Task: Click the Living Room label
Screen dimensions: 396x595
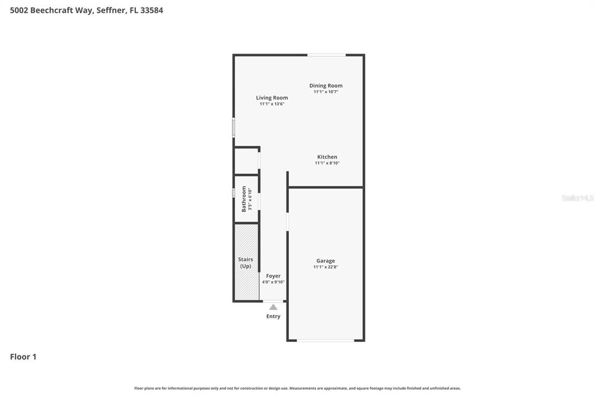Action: [272, 98]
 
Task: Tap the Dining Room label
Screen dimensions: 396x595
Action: [326, 85]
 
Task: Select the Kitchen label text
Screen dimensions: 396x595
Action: [327, 157]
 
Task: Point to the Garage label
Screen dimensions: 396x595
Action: [325, 261]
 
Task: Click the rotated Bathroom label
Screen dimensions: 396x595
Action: [244, 199]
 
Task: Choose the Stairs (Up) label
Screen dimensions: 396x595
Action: [246, 262]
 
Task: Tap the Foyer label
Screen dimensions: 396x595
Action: [273, 276]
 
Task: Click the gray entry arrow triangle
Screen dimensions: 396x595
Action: [273, 307]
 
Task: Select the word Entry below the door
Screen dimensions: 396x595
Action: [273, 316]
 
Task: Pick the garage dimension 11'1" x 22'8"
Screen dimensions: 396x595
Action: [325, 267]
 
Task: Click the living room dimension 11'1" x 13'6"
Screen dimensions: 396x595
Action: [272, 104]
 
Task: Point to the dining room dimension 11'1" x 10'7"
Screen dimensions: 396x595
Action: [326, 92]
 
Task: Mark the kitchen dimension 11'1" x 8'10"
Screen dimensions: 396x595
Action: [327, 163]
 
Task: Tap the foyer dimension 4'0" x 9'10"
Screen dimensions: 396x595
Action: [273, 282]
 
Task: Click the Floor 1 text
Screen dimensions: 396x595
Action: [23, 357]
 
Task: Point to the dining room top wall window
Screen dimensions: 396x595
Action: [326, 55]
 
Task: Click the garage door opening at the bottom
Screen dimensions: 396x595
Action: [325, 340]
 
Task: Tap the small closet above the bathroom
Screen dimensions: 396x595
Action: [246, 161]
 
